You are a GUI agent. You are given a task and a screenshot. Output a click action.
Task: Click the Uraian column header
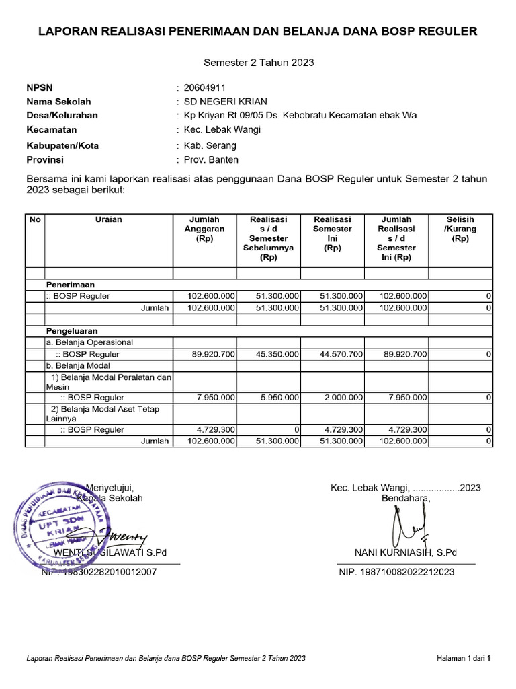click(108, 220)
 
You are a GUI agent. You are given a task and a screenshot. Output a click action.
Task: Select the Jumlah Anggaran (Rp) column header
click(204, 229)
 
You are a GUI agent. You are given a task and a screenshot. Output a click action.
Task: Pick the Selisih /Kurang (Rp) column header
click(460, 229)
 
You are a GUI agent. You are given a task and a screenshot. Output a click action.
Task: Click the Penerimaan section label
click(70, 285)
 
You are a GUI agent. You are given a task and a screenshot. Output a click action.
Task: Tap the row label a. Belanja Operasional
click(89, 342)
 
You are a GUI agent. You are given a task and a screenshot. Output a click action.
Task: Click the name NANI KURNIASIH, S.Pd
click(405, 552)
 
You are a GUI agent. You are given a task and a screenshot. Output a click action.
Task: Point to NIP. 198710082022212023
click(396, 573)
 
